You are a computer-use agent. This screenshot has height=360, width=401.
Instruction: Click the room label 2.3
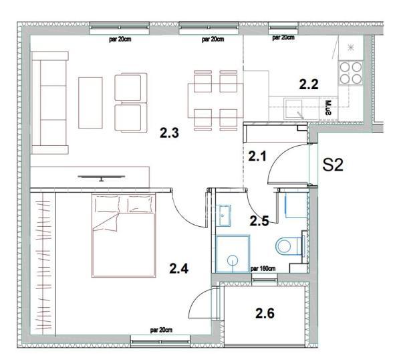tap(169, 133)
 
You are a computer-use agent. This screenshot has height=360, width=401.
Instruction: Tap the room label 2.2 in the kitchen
tap(308, 84)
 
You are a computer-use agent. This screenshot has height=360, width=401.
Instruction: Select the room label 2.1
tap(257, 157)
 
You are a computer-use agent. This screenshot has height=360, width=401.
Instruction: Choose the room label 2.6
tap(266, 312)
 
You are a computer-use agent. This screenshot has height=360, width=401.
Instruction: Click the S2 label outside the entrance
tap(333, 165)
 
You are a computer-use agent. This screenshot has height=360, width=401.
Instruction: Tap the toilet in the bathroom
tap(289, 246)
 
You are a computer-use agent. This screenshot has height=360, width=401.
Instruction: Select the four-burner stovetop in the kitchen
tap(350, 72)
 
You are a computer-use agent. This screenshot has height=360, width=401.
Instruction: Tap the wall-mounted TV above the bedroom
tap(100, 177)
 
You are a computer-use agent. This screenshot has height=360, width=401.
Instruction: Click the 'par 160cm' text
tap(264, 268)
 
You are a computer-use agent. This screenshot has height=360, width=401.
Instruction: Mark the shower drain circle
tap(233, 258)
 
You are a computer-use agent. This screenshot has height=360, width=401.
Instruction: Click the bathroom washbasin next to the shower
tap(224, 214)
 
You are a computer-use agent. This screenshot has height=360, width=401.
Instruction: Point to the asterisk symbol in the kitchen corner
tap(351, 47)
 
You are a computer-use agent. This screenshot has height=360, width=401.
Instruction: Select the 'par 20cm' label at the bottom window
tap(161, 330)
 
